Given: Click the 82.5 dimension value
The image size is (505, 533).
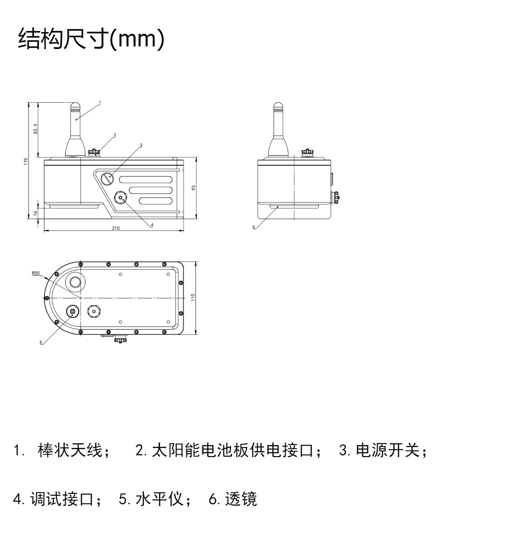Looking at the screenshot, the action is (35, 129).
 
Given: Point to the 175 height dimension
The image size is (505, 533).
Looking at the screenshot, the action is (26, 162).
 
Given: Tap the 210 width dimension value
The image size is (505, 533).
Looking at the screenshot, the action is (116, 228).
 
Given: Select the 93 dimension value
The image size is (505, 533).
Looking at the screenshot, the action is (193, 188).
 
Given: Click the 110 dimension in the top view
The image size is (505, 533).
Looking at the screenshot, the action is (193, 297).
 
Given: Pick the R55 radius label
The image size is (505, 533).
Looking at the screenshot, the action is (36, 273).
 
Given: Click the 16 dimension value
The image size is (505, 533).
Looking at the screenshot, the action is (35, 213).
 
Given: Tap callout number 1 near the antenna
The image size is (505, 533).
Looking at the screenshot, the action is (100, 103).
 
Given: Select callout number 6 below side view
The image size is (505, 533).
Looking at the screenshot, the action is (254, 227).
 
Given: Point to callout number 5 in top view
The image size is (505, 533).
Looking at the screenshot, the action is (41, 343).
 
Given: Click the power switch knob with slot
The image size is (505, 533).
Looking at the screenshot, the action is (108, 179).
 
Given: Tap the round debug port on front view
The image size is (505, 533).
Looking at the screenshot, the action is (121, 198).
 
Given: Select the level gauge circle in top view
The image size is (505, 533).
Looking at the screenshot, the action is (73, 312).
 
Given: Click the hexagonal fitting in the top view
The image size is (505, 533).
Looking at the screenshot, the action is (94, 311).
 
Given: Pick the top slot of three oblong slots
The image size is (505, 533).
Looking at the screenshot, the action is (146, 179).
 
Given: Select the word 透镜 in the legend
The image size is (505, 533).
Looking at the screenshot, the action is (241, 499).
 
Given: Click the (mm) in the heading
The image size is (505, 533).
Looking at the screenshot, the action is (137, 39).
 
